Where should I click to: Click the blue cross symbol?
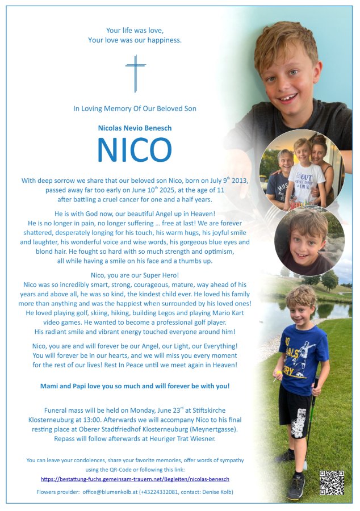(x=135, y=73)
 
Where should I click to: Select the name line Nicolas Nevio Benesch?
(x=135, y=128)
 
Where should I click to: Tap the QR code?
(x=332, y=483)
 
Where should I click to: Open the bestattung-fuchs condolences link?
(x=135, y=480)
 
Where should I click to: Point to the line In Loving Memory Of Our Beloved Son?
(x=135, y=108)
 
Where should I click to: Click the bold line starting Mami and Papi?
(x=135, y=386)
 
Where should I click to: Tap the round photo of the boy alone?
(x=309, y=241)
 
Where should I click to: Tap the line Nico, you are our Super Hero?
(x=135, y=274)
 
